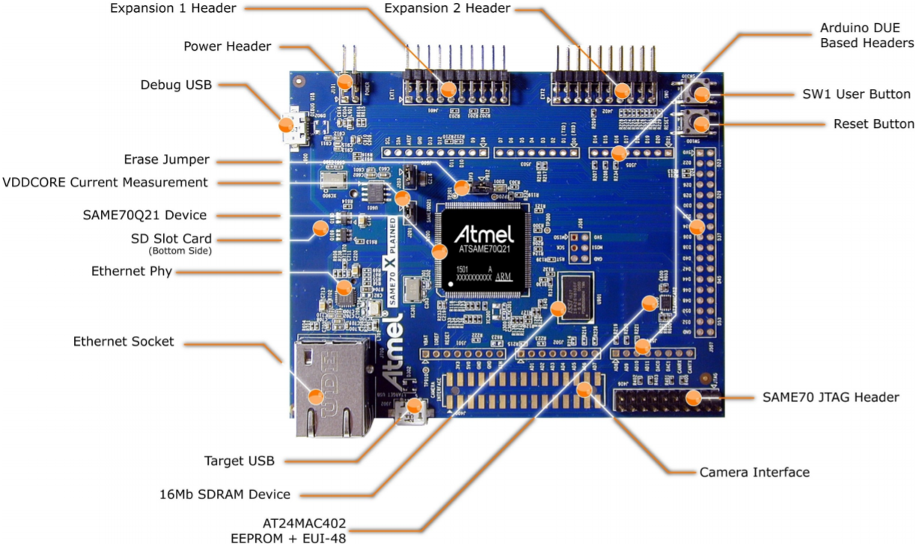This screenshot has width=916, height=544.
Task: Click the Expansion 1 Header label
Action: (172, 8)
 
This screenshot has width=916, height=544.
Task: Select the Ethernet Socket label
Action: (123, 341)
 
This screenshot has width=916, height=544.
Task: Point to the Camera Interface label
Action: (754, 472)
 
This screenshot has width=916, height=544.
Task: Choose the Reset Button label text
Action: (873, 123)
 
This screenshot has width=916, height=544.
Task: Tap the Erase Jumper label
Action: (167, 159)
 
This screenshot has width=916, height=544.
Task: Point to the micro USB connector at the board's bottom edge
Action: (414, 412)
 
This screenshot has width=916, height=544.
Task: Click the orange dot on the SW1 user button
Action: (702, 94)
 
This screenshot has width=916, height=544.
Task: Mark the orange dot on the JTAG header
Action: (694, 398)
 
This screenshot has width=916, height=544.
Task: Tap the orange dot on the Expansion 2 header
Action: (623, 91)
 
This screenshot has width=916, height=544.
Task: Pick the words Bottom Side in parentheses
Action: (180, 251)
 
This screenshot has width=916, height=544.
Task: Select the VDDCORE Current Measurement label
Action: (106, 182)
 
